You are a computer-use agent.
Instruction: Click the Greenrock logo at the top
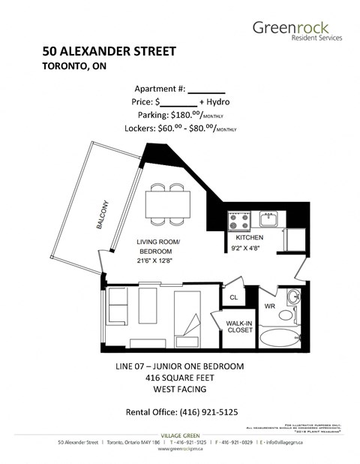pyautogui.click(x=297, y=29)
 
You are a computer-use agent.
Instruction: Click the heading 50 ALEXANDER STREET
pyautogui.click(x=109, y=52)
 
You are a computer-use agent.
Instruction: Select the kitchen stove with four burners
pyautogui.click(x=240, y=221)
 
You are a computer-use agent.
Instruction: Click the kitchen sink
pyautogui.click(x=269, y=219)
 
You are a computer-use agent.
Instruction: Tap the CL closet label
pyautogui.click(x=233, y=297)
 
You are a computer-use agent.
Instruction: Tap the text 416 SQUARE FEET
pyautogui.click(x=180, y=378)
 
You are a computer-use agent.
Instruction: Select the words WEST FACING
pyautogui.click(x=180, y=390)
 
